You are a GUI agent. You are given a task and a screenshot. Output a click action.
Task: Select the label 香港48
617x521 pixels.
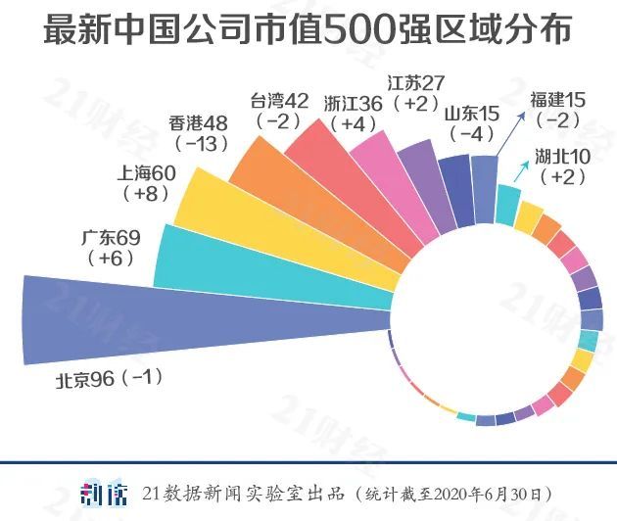(199, 123)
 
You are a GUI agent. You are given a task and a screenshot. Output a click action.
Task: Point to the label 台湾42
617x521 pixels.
(279, 101)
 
